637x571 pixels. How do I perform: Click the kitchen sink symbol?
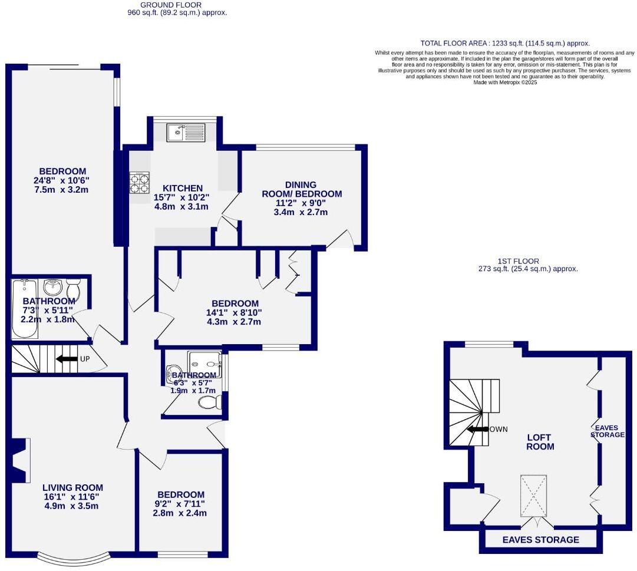tap(185, 133)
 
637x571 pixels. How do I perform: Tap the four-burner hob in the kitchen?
tap(139, 184)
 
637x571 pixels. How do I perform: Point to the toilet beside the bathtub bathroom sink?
tap(73, 289)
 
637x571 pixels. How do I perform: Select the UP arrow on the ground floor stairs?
tap(67, 359)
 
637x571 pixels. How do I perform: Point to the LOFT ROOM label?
tap(539, 442)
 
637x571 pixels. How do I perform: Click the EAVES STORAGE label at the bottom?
tap(540, 540)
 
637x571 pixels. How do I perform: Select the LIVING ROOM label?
tap(72, 487)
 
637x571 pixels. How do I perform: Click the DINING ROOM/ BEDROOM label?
tap(301, 189)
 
